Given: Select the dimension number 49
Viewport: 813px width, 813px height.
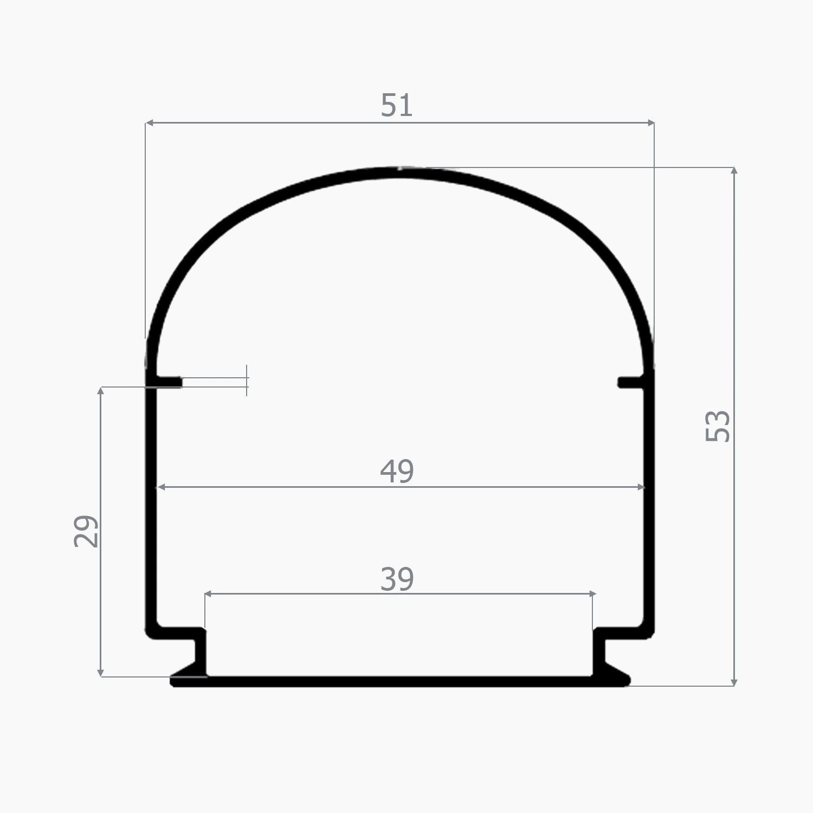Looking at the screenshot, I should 397,471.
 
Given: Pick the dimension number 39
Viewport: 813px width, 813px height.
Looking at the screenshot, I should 397,579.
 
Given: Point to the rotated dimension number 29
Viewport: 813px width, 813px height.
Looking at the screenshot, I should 86,531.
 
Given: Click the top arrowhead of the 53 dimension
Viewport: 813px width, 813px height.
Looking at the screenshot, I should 734,171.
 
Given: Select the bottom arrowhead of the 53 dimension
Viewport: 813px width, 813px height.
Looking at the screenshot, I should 734,682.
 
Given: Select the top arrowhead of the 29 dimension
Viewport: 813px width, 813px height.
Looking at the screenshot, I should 101,391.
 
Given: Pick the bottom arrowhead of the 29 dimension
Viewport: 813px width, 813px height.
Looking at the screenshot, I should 101,673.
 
